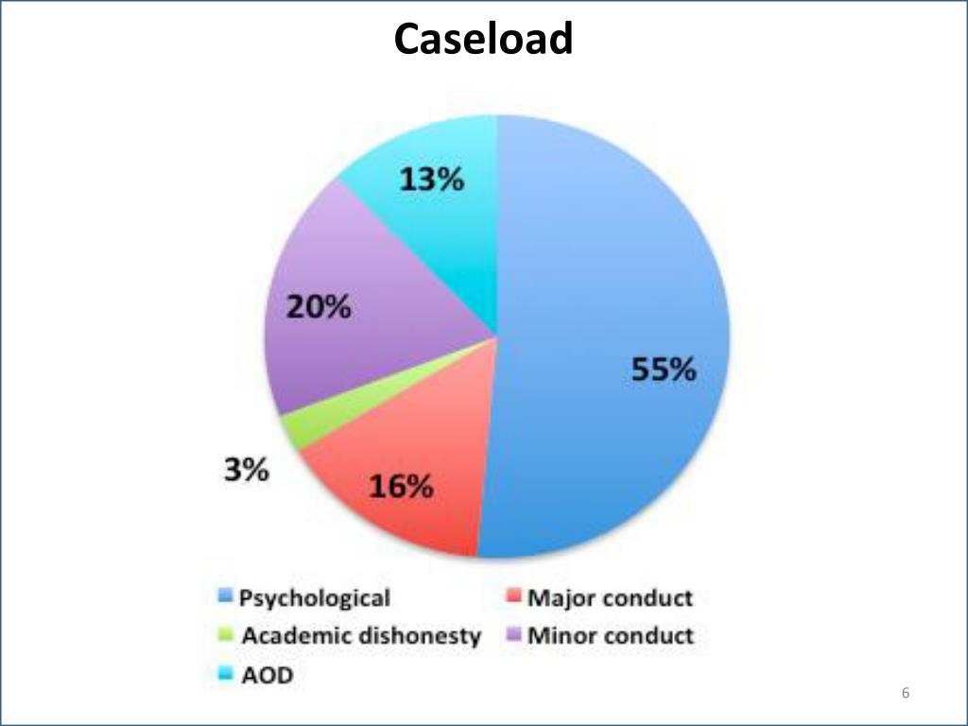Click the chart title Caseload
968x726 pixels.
coord(483,40)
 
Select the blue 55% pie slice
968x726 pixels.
coord(605,284)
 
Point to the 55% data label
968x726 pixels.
coord(664,370)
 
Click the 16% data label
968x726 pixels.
coord(400,487)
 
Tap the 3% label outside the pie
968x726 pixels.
coord(246,469)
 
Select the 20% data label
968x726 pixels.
coord(319,307)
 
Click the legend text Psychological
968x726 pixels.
coord(314,598)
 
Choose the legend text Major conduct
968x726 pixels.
coord(610,598)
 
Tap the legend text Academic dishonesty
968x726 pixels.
coord(361,636)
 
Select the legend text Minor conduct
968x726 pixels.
coord(610,635)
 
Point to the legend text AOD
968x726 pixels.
coord(267,675)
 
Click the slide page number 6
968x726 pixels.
coord(906,694)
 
